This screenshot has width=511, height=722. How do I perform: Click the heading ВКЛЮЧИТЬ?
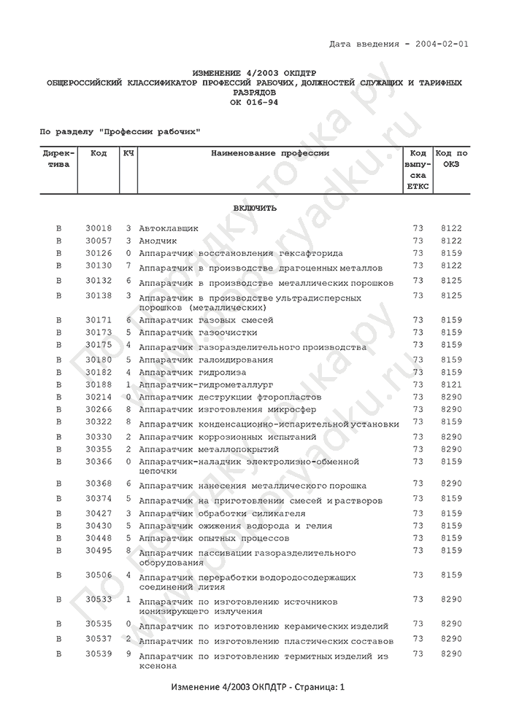(x=255, y=208)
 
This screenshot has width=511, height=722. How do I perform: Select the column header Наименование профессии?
(x=270, y=154)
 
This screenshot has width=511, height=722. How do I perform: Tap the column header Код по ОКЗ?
(x=451, y=158)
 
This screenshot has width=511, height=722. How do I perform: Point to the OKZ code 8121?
(x=451, y=384)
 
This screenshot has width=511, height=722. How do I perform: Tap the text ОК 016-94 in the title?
(x=254, y=102)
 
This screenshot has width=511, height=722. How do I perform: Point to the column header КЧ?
(x=128, y=154)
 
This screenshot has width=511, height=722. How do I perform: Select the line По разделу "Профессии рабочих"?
(x=120, y=131)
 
